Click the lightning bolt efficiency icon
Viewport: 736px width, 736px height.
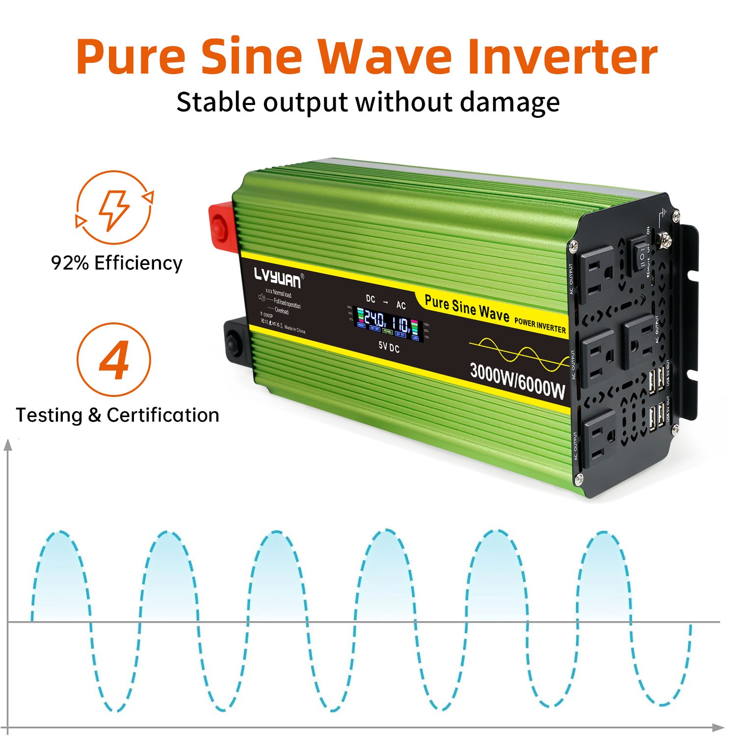(114, 208)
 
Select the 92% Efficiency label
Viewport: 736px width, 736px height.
(117, 263)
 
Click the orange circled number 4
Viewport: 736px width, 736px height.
(114, 360)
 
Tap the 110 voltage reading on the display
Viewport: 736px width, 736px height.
(401, 325)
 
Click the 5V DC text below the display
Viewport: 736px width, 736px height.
(389, 347)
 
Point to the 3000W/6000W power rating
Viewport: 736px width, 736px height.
(517, 380)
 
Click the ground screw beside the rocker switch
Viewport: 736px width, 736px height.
(666, 239)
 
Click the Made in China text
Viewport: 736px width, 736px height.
(294, 330)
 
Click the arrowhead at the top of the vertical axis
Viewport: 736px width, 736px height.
(8, 445)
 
